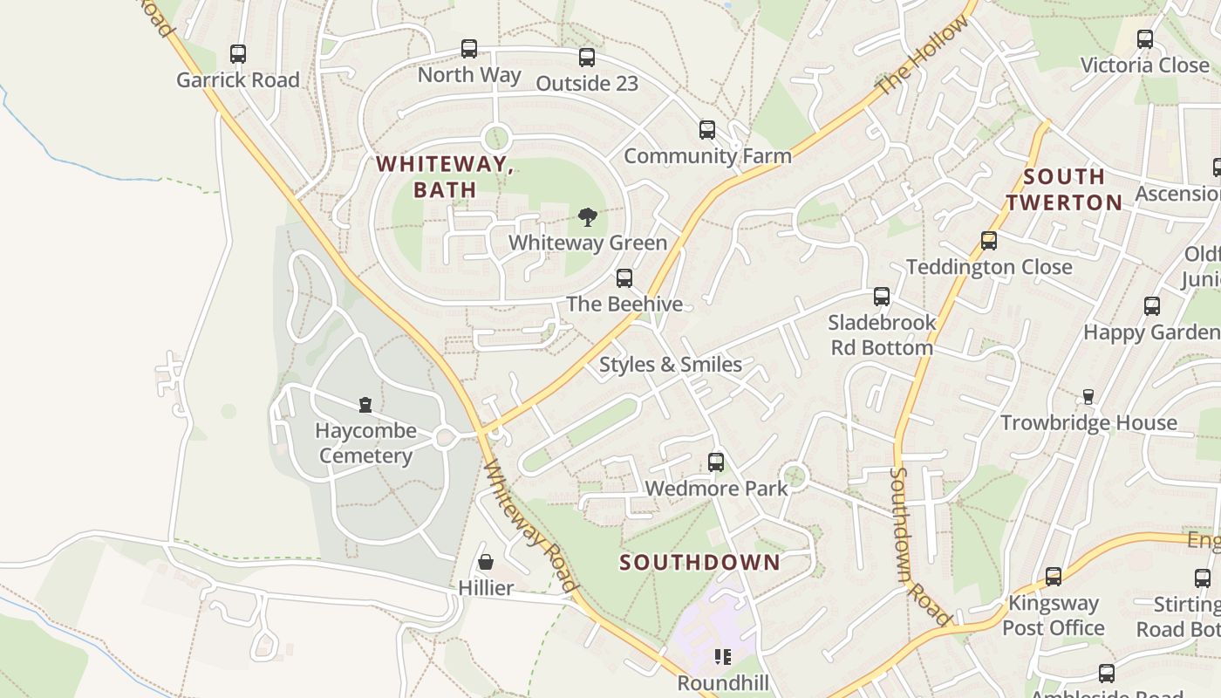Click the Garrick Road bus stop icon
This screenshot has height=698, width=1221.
[238, 54]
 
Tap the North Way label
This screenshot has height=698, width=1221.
[469, 75]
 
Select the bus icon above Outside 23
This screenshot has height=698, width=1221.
[587, 58]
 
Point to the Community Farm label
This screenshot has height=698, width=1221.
[707, 156]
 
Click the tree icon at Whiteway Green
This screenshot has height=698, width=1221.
[588, 217]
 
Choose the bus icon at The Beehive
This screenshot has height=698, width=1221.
[624, 278]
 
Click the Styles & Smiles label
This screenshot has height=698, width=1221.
[671, 365]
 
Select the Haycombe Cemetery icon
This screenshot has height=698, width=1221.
[365, 405]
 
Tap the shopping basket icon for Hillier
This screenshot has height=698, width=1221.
[486, 562]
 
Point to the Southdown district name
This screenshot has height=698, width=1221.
[699, 562]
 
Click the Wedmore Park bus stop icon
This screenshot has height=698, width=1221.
[716, 462]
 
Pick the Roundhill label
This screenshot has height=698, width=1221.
[723, 682]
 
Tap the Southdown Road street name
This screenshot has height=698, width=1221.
[919, 547]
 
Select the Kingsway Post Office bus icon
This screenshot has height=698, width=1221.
[1054, 577]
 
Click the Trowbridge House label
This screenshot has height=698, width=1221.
[1088, 423]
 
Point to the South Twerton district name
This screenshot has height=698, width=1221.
[1064, 189]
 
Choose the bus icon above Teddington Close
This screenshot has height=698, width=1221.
[989, 240]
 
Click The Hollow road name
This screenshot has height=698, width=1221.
[922, 57]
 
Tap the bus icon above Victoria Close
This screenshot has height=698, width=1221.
[1145, 39]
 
